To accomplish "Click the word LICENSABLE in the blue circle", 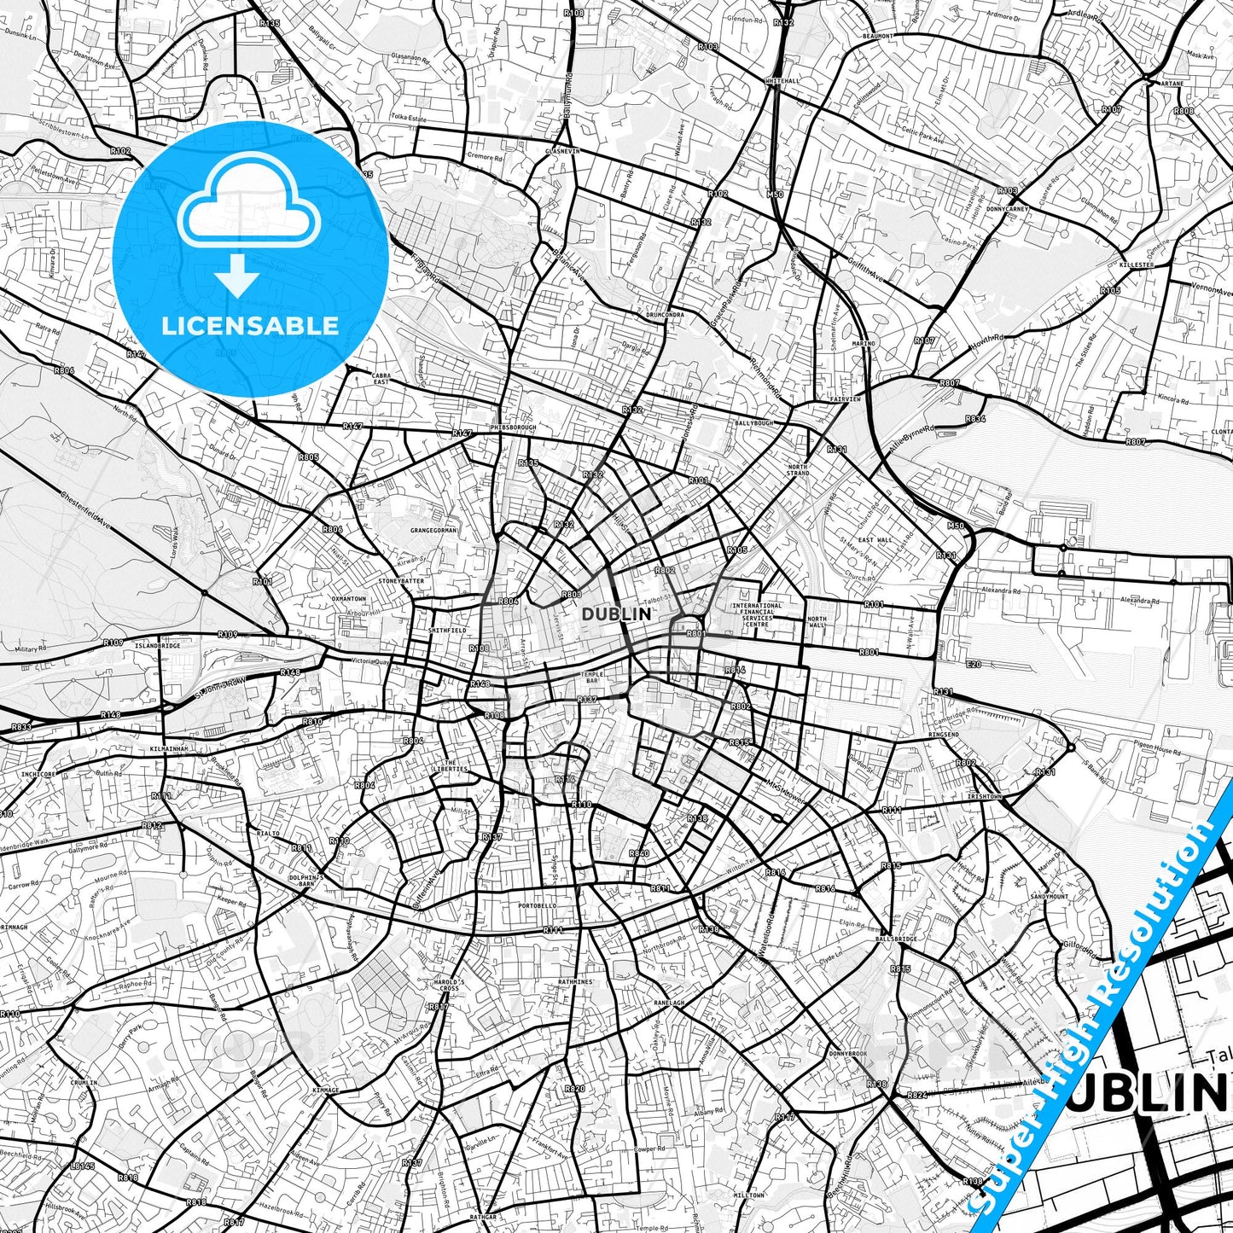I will tap(250, 326).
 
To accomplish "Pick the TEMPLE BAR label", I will tap(591, 677).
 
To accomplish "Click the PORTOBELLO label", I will tap(537, 905).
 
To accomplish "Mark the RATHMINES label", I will tap(576, 982).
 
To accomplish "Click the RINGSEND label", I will tap(943, 735).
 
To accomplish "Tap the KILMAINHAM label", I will tap(168, 748).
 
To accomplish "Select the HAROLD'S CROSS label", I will tap(449, 986).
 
